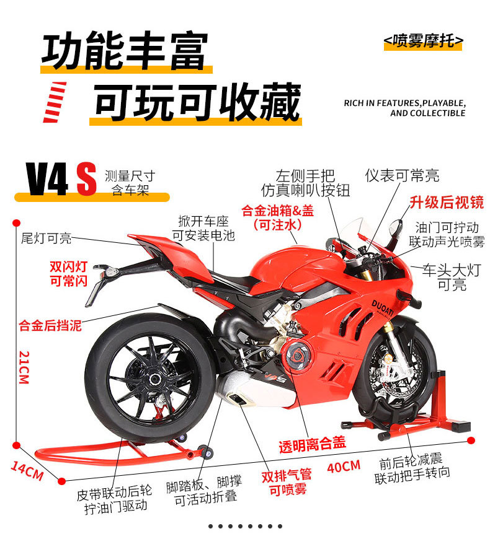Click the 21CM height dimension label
[24, 367]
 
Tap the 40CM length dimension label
[343, 466]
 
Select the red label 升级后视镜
[446, 202]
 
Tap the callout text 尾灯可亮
[47, 238]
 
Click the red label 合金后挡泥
[50, 325]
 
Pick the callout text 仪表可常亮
[402, 175]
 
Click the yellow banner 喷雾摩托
[424, 42]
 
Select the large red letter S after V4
[86, 179]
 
